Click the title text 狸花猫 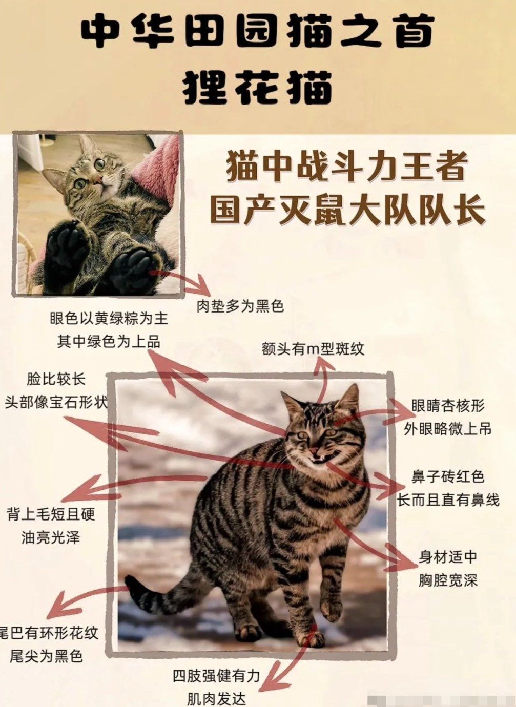[x=258, y=87]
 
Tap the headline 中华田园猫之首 [x=258, y=31]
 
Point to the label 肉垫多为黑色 [x=240, y=306]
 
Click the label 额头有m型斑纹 [x=313, y=349]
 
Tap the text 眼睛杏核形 [x=448, y=406]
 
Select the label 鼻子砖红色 [x=448, y=476]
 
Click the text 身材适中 [x=448, y=557]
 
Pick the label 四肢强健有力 [x=216, y=676]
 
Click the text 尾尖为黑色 [x=46, y=656]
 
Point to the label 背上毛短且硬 [x=51, y=514]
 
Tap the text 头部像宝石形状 [x=56, y=402]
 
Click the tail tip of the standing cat [x=130, y=581]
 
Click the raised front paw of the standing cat [x=331, y=610]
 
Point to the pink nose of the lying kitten [x=96, y=181]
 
